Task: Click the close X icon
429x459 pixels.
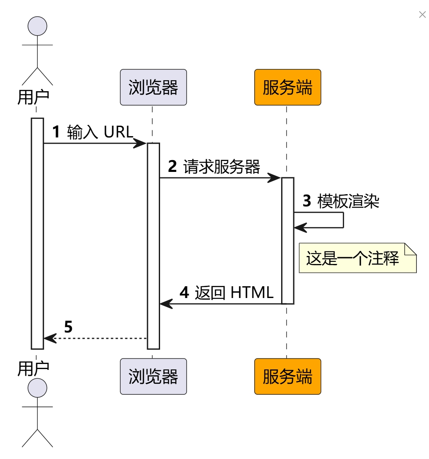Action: pos(422,15)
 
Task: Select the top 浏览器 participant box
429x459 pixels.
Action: pos(153,87)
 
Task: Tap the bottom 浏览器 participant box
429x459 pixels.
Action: pos(153,376)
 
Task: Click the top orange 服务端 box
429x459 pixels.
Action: pos(287,87)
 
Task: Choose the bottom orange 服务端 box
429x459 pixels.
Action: pos(287,376)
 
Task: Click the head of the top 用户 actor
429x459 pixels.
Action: pos(37,26)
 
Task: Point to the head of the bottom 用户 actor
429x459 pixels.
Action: pos(37,387)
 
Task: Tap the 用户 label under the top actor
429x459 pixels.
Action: pos(33,97)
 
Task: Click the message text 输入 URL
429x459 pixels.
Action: pos(100,132)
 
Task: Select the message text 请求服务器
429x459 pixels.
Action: pos(222,167)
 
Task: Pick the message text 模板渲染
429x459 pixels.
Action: pos(348,201)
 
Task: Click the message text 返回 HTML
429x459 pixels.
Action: pos(234,292)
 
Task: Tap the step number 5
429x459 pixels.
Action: pos(68,327)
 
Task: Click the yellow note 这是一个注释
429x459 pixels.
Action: pos(357,258)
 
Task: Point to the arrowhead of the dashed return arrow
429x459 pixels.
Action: pos(50,338)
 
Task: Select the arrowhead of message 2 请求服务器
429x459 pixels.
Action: pos(275,178)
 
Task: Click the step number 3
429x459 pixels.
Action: pos(307,201)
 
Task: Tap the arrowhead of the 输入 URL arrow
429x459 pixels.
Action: pos(140,143)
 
